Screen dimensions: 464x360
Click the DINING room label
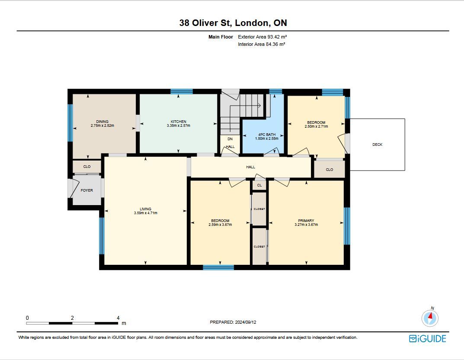[102, 122]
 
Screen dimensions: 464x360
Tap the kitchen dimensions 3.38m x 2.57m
[179, 125]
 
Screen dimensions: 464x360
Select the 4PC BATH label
[267, 135]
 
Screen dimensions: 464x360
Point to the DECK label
[377, 145]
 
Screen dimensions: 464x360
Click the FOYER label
[87, 190]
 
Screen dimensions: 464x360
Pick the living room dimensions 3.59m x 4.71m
[146, 213]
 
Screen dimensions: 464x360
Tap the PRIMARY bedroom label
[306, 221]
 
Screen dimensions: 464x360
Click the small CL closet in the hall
[259, 185]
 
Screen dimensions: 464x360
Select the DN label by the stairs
[230, 139]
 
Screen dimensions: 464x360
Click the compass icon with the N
[430, 318]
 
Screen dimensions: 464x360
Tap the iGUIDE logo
[428, 339]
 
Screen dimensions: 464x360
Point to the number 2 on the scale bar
[72, 318]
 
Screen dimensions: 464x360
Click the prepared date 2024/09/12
[245, 322]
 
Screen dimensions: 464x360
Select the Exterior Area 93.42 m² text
[262, 37]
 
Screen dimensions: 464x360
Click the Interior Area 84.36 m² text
[262, 45]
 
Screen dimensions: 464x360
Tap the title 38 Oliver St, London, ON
[233, 23]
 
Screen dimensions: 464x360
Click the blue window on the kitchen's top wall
[182, 91]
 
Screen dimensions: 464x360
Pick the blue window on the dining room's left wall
[70, 123]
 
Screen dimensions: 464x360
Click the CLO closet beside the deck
[330, 169]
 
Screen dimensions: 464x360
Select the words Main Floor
[221, 37]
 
